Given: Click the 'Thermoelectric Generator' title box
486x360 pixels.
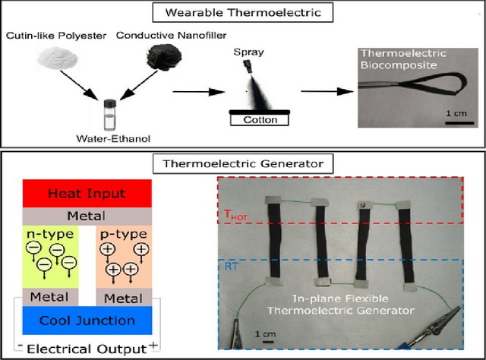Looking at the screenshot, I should [243, 163].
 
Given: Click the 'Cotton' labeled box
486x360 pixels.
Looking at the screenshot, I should [261, 120].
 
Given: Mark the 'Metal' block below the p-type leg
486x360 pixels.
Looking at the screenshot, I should [125, 296].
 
